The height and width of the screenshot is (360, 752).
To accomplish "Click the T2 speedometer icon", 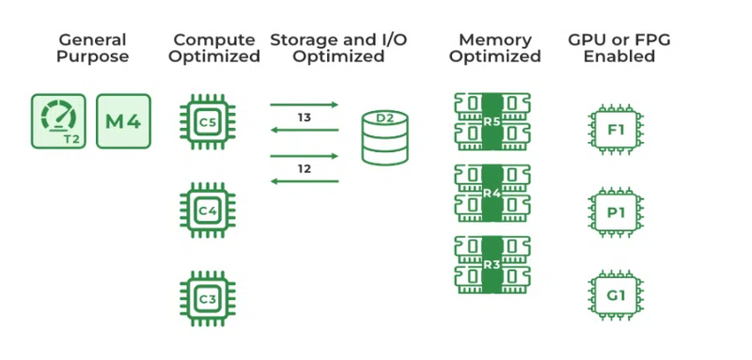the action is pyautogui.click(x=58, y=121).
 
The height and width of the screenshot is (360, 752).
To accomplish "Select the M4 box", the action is pyautogui.click(x=123, y=121).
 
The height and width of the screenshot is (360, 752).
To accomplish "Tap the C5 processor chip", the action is pyautogui.click(x=208, y=122).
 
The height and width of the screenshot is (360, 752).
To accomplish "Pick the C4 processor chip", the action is pyautogui.click(x=208, y=210).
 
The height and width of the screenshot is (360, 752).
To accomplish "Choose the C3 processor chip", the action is pyautogui.click(x=208, y=299).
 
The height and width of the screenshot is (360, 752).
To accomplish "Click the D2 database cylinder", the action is pyautogui.click(x=384, y=137).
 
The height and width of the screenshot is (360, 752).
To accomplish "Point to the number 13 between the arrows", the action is pyautogui.click(x=305, y=117).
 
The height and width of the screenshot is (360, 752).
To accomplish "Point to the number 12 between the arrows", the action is pyautogui.click(x=305, y=169).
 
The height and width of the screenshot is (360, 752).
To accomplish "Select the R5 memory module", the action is pyautogui.click(x=493, y=122).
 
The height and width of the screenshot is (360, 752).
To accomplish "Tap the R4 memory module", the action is pyautogui.click(x=493, y=194).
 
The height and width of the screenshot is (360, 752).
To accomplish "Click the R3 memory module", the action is pyautogui.click(x=493, y=265).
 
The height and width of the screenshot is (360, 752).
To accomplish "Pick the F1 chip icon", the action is pyautogui.click(x=616, y=130).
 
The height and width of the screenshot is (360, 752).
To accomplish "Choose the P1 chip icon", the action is pyautogui.click(x=616, y=211).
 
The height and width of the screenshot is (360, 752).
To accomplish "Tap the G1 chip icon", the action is pyautogui.click(x=616, y=295).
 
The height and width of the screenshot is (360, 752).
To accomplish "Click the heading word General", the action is pyautogui.click(x=92, y=39).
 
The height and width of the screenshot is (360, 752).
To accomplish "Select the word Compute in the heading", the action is pyautogui.click(x=214, y=39).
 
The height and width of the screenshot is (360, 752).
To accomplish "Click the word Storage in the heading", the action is pyautogui.click(x=302, y=39).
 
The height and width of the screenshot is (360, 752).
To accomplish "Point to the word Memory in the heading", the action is pyautogui.click(x=495, y=39).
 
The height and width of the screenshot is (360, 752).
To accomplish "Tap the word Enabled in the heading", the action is pyautogui.click(x=619, y=56).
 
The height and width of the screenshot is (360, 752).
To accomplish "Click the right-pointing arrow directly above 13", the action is pyautogui.click(x=305, y=104).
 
